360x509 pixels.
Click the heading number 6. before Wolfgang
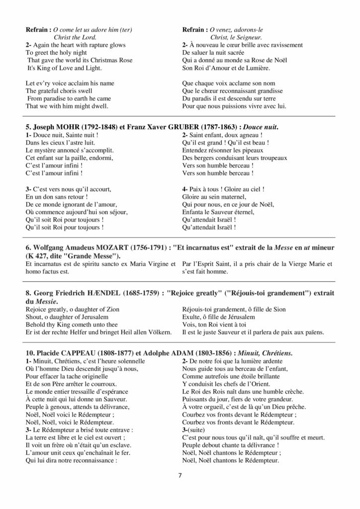28,248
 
